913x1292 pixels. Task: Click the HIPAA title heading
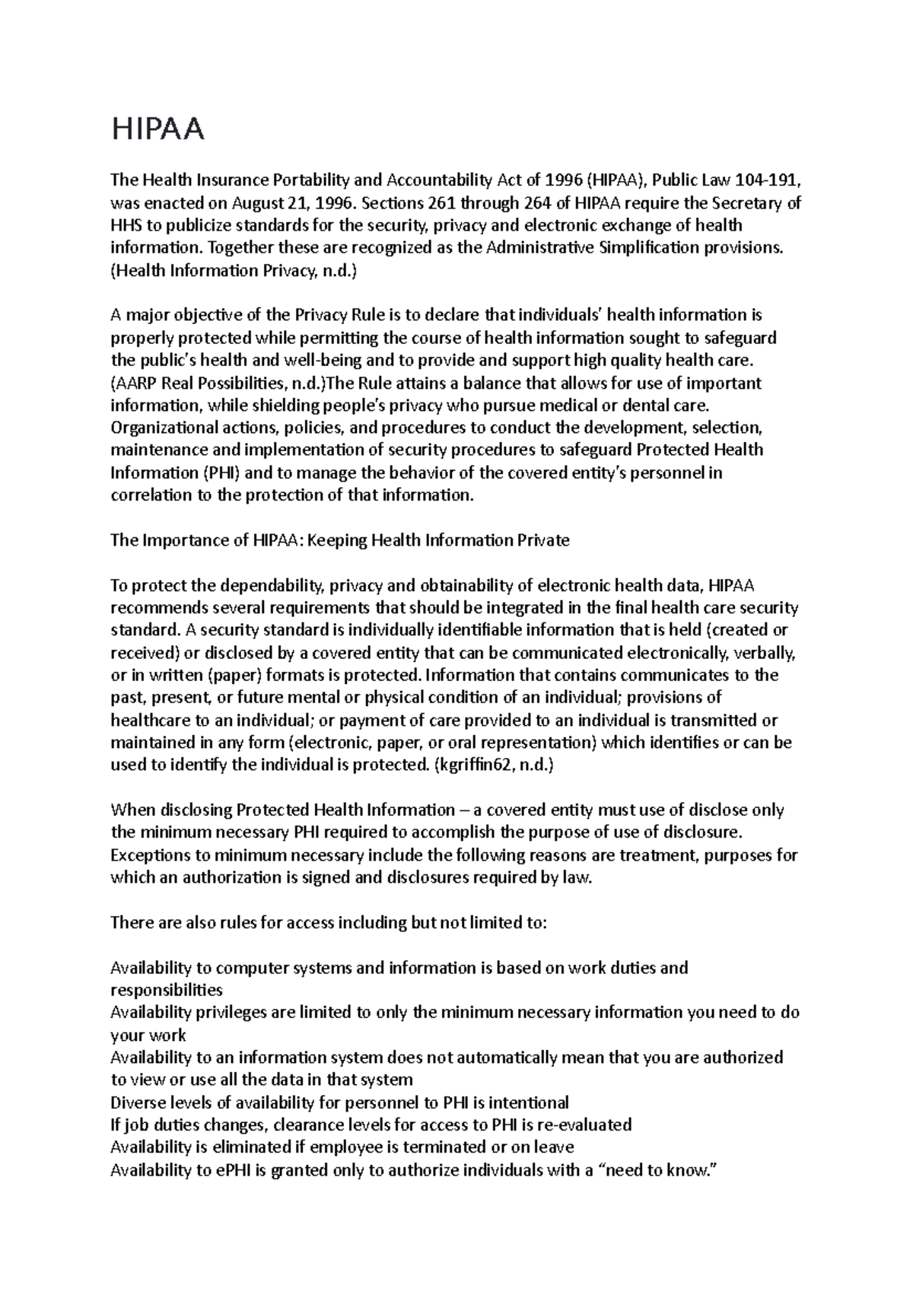point(157,130)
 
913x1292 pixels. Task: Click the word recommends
point(158,608)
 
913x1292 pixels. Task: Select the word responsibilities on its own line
point(167,990)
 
